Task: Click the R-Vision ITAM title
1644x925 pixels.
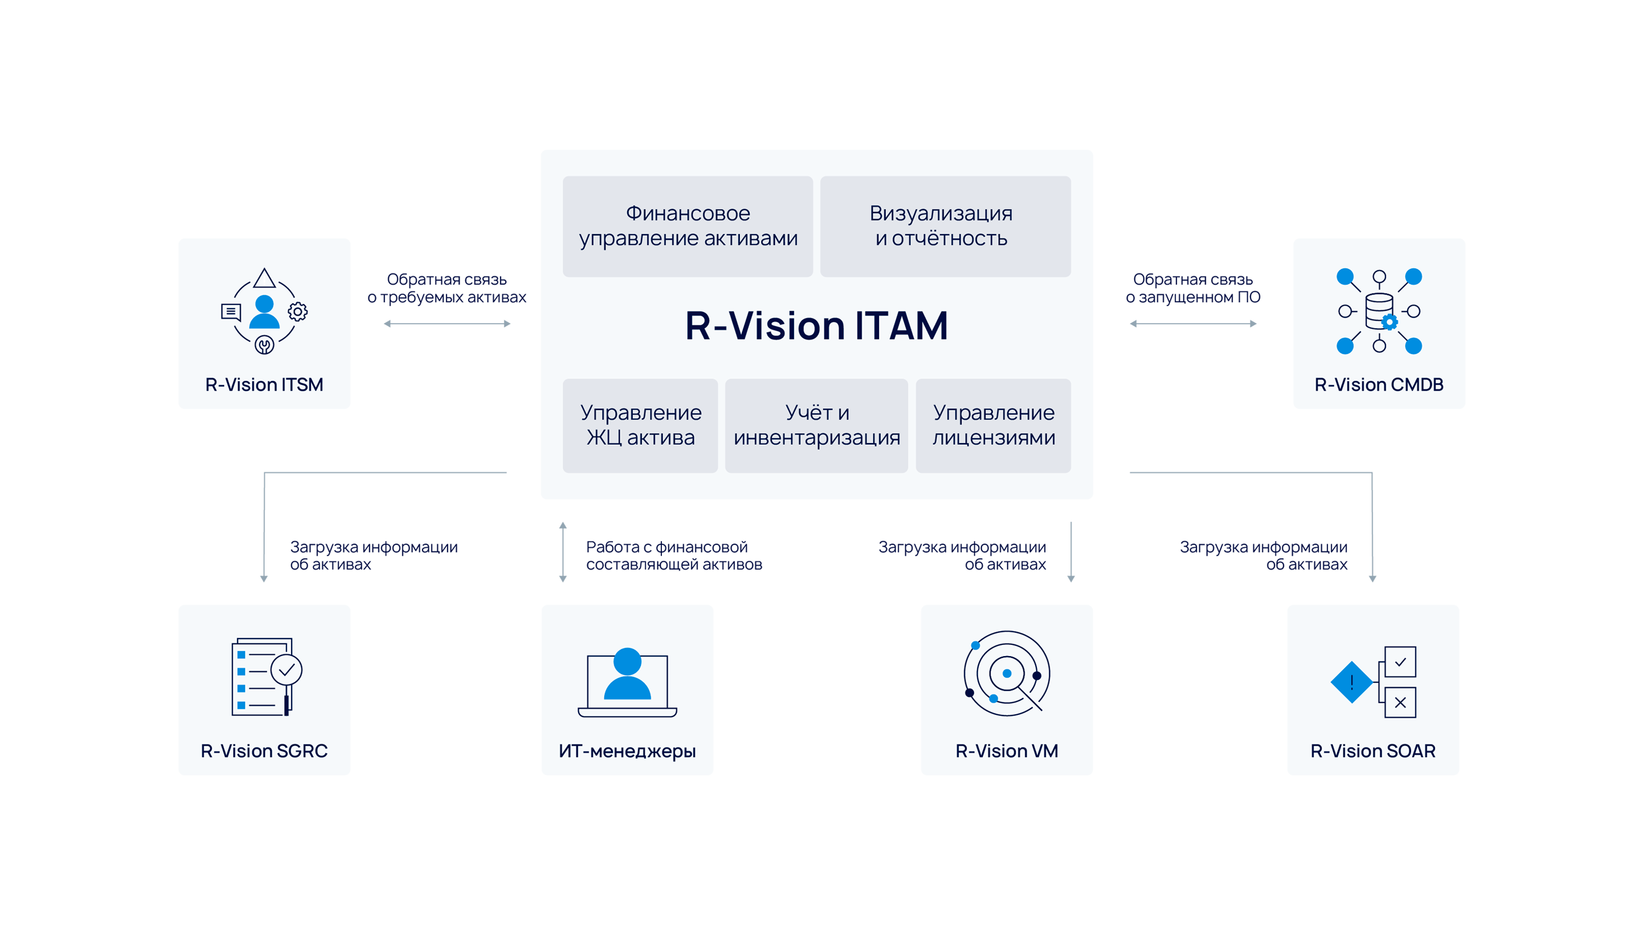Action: tap(816, 325)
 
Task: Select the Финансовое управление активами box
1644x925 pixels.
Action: tap(688, 226)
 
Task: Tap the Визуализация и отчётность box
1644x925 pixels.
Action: tap(944, 226)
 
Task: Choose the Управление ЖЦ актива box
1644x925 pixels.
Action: tap(640, 425)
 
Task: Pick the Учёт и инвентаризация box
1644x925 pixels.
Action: tap(816, 425)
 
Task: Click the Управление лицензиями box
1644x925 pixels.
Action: tap(993, 425)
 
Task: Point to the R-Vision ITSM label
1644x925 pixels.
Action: tap(264, 384)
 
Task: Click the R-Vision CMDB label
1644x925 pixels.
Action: tap(1379, 384)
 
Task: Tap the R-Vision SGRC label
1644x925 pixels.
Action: tap(264, 751)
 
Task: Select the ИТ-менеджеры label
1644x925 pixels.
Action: tap(627, 751)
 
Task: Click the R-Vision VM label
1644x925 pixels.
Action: tap(1007, 751)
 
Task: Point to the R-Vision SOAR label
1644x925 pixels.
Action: tap(1373, 751)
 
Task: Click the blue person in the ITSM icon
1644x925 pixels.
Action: tap(264, 311)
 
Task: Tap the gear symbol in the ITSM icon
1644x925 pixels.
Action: tap(297, 311)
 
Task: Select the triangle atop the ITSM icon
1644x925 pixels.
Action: tap(264, 278)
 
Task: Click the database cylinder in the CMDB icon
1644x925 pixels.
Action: tap(1379, 310)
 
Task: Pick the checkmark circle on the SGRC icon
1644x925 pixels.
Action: tap(286, 669)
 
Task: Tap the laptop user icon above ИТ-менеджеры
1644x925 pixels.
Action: tap(627, 681)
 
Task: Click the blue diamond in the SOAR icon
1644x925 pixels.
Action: tap(1351, 682)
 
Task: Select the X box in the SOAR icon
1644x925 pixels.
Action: tap(1400, 702)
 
